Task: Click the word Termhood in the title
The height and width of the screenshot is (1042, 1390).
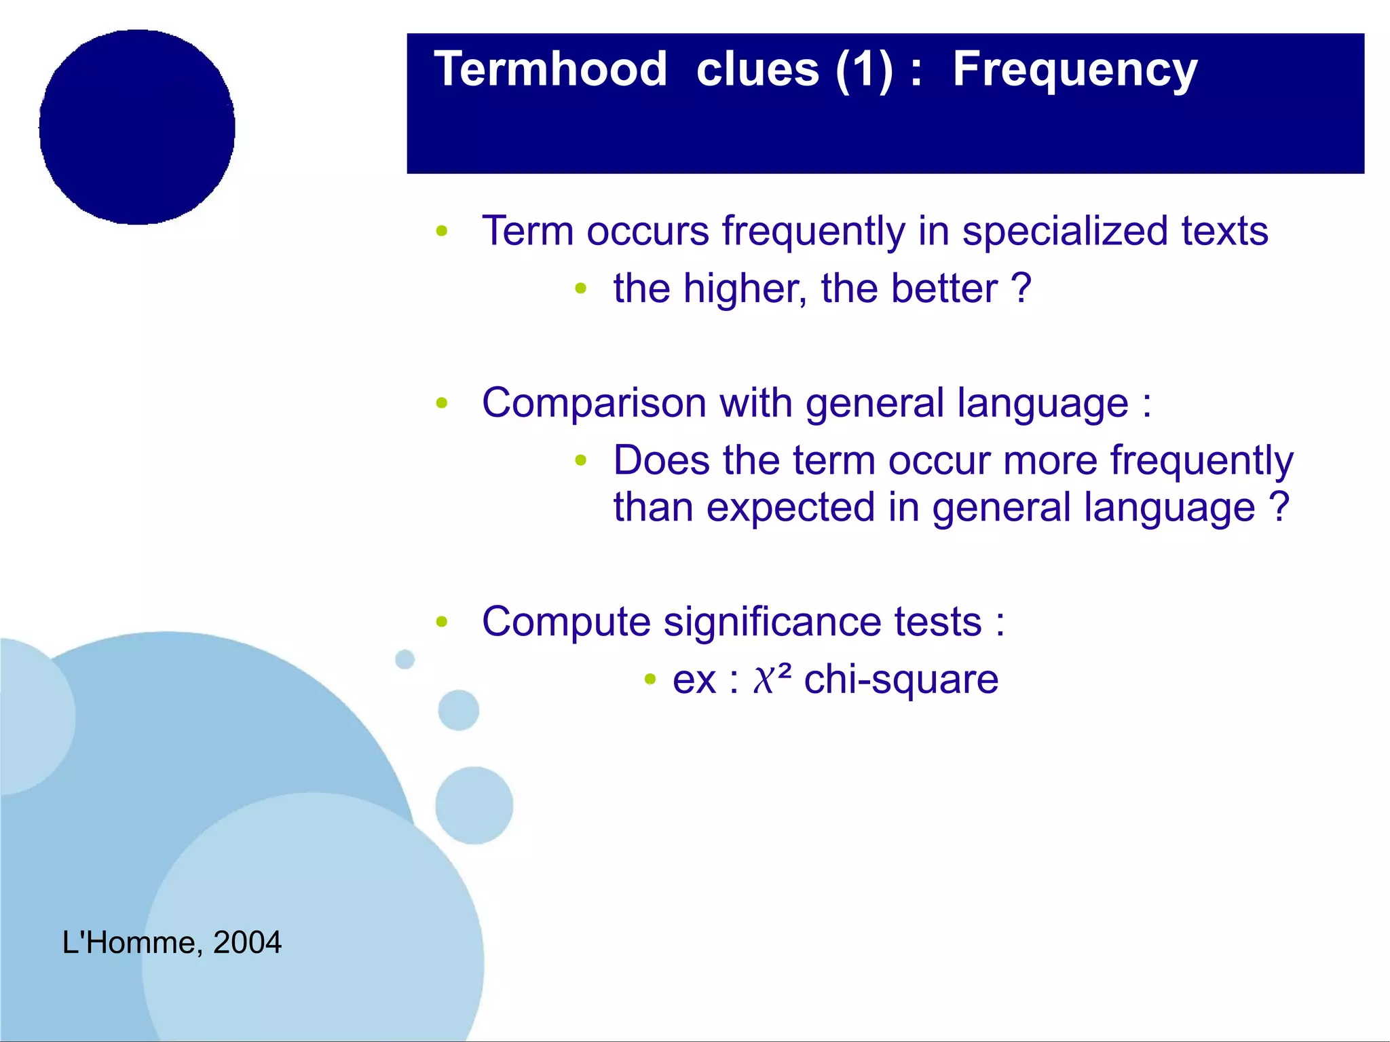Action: click(550, 69)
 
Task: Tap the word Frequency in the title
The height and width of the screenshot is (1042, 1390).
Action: click(1074, 71)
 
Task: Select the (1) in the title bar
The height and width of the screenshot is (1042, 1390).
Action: click(863, 71)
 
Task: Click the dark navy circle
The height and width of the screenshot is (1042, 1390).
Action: click(137, 127)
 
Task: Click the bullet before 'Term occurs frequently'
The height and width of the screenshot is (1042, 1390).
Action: click(442, 231)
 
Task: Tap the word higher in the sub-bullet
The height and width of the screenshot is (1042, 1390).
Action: click(745, 289)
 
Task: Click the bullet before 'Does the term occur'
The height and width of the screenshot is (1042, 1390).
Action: click(580, 461)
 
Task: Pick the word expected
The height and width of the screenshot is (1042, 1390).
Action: click(790, 508)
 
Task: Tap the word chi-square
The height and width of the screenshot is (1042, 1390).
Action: click(901, 680)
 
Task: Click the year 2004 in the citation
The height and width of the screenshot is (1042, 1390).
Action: click(247, 942)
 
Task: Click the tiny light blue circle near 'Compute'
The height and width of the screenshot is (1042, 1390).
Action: click(405, 658)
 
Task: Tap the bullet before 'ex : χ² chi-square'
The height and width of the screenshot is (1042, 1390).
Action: click(650, 679)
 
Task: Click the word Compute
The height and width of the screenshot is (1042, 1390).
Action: click(566, 622)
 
